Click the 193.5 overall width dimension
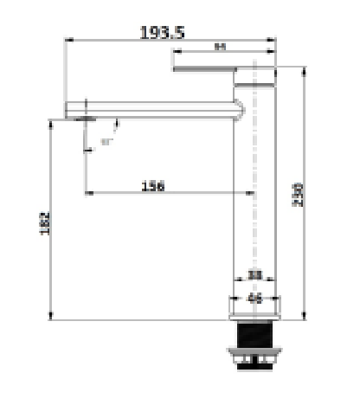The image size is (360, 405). click(x=162, y=32)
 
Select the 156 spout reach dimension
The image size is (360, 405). click(x=152, y=185)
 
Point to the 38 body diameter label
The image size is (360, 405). click(x=254, y=274)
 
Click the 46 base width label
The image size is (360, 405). click(x=254, y=299)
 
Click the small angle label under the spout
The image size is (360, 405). click(x=106, y=141)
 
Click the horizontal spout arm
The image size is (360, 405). click(x=156, y=109)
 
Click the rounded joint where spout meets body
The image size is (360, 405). click(x=239, y=109)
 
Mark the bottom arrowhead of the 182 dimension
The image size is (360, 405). click(x=54, y=317)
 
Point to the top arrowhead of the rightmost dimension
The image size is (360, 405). click(x=303, y=69)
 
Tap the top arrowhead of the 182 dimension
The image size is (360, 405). click(x=54, y=122)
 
